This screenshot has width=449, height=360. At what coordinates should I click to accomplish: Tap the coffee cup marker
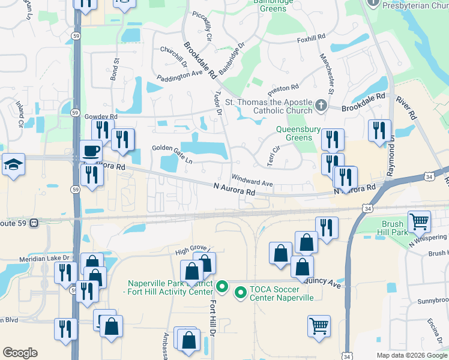coord(91,151)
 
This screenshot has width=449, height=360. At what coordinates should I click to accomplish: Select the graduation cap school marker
coord(12,164)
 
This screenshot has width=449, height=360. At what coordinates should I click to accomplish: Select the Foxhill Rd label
coord(311,40)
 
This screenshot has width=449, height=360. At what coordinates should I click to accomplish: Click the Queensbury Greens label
coord(295,133)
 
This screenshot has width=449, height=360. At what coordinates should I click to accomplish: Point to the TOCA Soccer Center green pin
coord(241,293)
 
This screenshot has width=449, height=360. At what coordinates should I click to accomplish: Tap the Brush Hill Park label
coord(393,227)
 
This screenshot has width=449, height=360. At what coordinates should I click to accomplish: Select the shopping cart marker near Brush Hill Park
coord(419,221)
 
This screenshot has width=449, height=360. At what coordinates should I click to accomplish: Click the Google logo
coord(20,353)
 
